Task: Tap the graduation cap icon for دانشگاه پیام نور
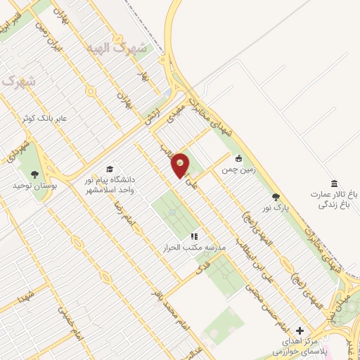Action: [109, 169]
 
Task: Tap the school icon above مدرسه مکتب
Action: [194, 237]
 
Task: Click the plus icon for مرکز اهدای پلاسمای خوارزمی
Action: [300, 330]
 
